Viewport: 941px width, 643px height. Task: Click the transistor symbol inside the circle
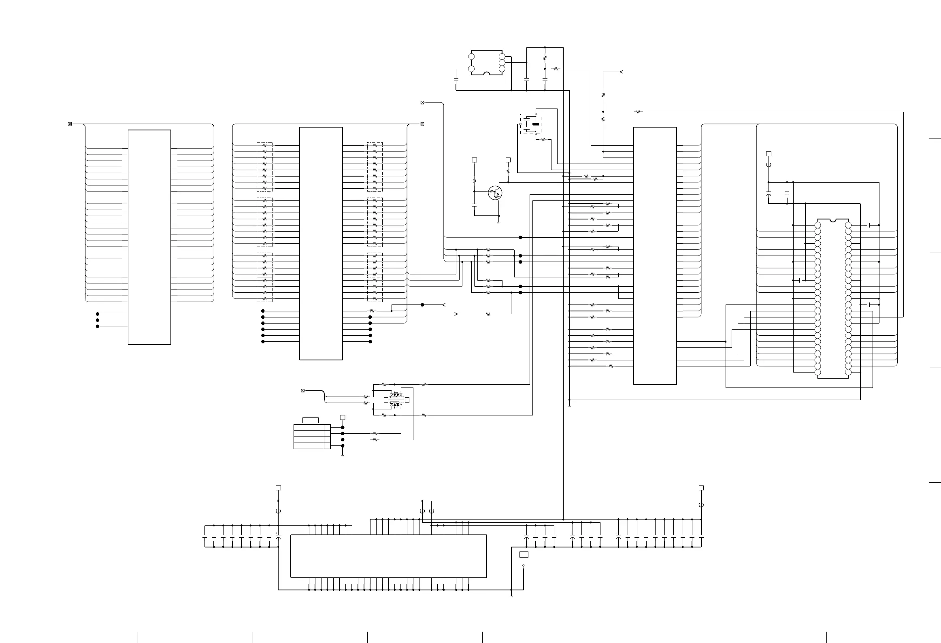tap(495, 193)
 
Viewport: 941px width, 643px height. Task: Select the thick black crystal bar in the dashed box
tap(536, 123)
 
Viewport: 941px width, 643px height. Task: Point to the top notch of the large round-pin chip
tap(832, 221)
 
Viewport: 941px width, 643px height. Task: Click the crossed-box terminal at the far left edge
tap(70, 124)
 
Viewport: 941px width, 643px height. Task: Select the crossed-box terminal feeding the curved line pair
tap(303, 391)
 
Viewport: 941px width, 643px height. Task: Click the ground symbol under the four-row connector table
tap(343, 456)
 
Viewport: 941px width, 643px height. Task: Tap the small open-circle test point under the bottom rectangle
tap(524, 565)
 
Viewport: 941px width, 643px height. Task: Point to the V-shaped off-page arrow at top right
tap(621, 72)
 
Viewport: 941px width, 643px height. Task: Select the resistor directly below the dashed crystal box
tap(543, 139)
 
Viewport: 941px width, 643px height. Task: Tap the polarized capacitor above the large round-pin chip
tap(768, 196)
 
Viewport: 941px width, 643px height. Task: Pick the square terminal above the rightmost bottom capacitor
tap(701, 488)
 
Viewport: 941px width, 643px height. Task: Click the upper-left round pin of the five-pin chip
tap(471, 57)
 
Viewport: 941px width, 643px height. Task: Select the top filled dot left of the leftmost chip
tap(98, 314)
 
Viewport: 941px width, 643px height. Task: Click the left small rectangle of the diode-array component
tap(386, 400)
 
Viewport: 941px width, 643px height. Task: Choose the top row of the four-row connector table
tap(309, 428)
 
